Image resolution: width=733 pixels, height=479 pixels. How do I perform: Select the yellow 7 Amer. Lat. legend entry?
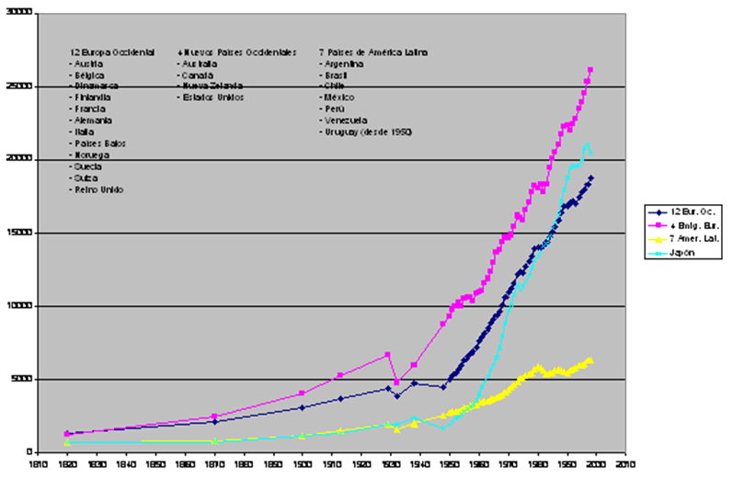(682, 236)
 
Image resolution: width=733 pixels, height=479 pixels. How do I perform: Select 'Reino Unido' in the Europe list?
(97, 189)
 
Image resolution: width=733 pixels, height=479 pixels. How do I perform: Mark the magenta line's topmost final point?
(590, 70)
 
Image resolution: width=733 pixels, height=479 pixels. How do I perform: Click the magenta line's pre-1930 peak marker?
(387, 355)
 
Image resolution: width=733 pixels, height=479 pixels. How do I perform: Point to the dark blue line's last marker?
(590, 178)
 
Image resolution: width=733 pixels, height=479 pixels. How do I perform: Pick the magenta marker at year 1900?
(302, 393)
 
